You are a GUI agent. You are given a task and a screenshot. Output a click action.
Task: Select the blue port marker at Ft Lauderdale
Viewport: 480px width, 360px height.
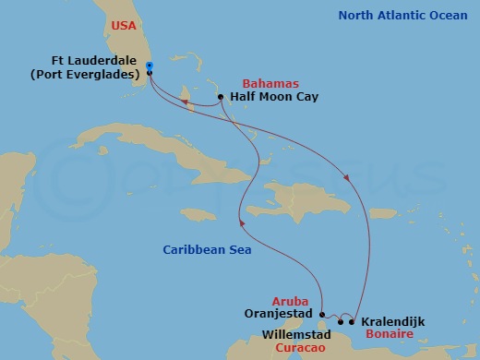pyautogui.click(x=149, y=65)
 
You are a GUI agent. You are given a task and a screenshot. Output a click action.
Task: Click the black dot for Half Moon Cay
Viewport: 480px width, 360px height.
pyautogui.click(x=220, y=97)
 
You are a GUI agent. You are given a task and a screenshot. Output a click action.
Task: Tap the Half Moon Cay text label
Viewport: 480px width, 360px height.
pyautogui.click(x=272, y=97)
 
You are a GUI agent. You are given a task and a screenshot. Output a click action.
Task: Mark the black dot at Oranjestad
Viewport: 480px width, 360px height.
pyautogui.click(x=322, y=314)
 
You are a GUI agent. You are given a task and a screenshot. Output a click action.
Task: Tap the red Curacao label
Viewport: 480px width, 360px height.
pyautogui.click(x=299, y=349)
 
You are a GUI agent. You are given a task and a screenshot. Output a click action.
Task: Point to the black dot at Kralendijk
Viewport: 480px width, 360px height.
pyautogui.click(x=353, y=321)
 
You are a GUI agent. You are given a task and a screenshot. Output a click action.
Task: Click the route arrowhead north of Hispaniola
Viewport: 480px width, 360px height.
pyautogui.click(x=347, y=179)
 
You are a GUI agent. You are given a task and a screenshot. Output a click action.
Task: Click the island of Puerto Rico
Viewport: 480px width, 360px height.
pyautogui.click(x=383, y=213)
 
